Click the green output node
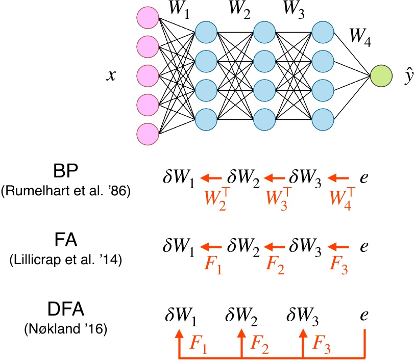click(381, 76)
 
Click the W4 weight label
click(360, 37)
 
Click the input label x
click(111, 75)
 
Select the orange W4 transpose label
click(339, 197)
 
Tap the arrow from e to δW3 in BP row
click(339, 178)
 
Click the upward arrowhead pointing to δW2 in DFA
click(241, 332)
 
